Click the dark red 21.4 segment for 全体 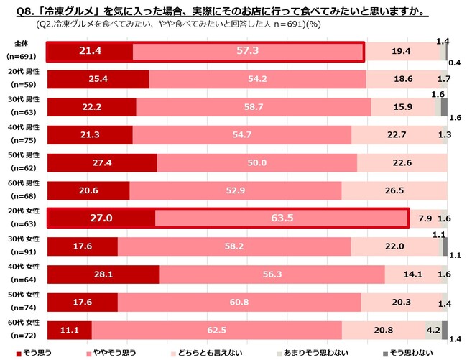pos(90,52)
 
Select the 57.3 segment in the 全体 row pos(248,52)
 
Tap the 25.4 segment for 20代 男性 pos(98,79)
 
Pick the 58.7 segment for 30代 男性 pos(253,106)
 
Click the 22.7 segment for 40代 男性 pos(399,134)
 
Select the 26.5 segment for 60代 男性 pos(394,190)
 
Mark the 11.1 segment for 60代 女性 pos(69,329)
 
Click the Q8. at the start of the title pos(15,11)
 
